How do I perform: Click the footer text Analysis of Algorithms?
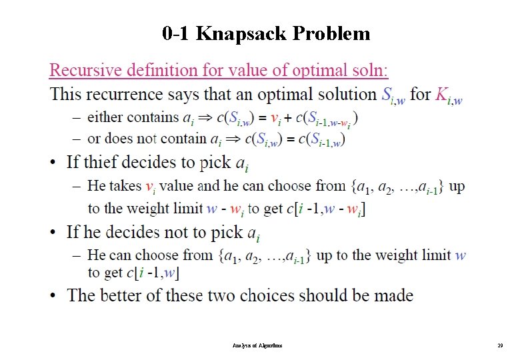(258, 346)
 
